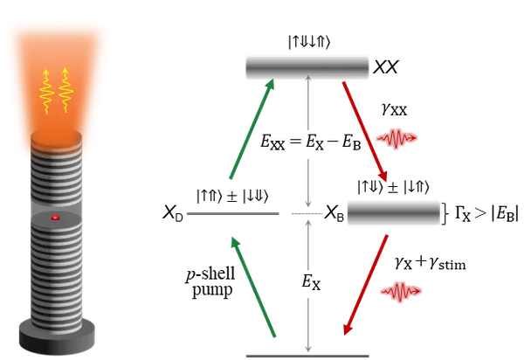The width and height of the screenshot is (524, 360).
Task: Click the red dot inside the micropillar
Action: coord(56,217)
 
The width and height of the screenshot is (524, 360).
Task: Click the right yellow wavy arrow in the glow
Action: coord(65,91)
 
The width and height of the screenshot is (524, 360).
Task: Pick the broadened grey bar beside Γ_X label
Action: coord(392,213)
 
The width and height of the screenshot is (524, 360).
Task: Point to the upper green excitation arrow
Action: coord(252,129)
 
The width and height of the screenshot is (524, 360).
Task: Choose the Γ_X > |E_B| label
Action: coord(483,213)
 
